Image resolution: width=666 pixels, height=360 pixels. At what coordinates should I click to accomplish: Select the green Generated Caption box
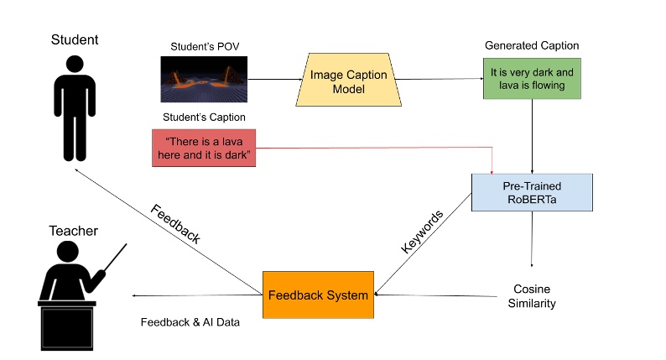click(532, 78)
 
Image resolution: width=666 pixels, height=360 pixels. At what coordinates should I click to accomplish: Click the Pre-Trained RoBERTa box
click(532, 192)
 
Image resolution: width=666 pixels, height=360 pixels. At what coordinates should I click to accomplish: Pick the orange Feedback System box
click(318, 295)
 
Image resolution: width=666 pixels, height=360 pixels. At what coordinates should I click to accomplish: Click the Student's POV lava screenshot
click(205, 79)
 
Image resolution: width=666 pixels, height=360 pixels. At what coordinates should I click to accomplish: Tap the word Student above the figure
click(75, 39)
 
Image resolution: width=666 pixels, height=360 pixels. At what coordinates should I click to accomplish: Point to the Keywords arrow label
click(421, 232)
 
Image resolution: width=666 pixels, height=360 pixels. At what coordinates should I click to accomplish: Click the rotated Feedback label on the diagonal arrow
click(175, 223)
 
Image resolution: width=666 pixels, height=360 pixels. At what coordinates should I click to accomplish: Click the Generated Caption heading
click(532, 45)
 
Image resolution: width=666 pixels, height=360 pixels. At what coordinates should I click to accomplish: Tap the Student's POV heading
click(204, 46)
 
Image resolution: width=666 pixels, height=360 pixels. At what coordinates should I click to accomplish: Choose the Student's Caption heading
click(204, 117)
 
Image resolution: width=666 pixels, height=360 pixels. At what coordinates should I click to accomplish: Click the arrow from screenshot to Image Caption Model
click(276, 81)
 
